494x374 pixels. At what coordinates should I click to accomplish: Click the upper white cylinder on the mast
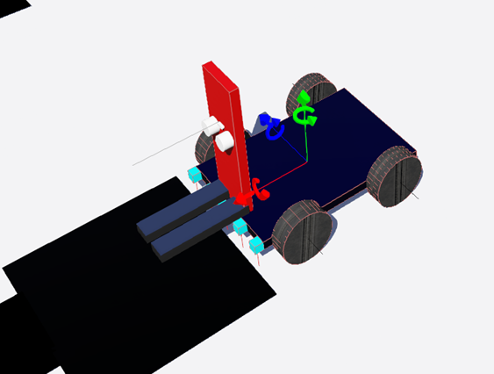pos(211,126)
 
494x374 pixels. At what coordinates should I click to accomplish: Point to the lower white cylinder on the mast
pos(224,141)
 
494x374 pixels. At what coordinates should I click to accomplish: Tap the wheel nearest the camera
pos(304,233)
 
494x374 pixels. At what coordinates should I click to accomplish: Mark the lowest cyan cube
pos(256,244)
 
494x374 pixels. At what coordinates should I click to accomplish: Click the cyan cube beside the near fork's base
pos(240,227)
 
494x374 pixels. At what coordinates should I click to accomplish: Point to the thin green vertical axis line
pos(304,145)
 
